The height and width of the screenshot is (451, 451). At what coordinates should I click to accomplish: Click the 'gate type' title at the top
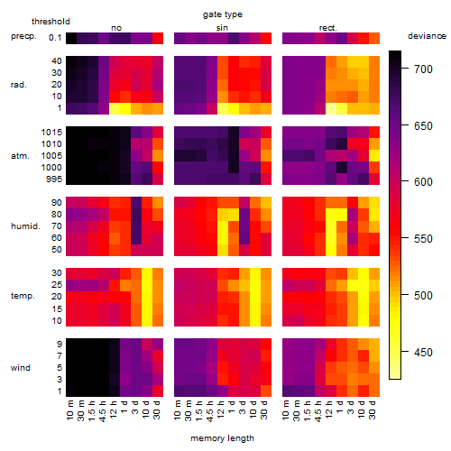[x=223, y=14]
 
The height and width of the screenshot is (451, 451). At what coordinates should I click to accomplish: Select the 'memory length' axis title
[x=222, y=438]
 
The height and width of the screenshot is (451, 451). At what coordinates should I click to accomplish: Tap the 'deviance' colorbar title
[x=427, y=36]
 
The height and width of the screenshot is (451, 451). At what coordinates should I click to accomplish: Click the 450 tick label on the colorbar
[x=423, y=352]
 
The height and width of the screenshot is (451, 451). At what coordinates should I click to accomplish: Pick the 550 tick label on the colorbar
[x=423, y=239]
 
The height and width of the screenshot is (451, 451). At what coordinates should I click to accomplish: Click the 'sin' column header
[x=222, y=28]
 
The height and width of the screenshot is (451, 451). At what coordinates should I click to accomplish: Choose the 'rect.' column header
[x=327, y=28]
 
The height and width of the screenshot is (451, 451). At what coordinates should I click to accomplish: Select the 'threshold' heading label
[x=51, y=22]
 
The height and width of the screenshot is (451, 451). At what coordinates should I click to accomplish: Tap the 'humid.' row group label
[x=25, y=226]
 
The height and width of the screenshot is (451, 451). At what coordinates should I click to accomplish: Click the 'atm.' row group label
[x=20, y=156]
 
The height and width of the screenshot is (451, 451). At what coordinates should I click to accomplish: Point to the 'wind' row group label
[x=21, y=368]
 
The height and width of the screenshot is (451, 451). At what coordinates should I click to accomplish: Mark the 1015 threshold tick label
[x=51, y=133]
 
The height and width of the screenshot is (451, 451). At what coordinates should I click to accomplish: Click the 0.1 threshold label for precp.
[x=55, y=38]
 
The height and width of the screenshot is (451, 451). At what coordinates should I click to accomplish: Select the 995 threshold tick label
[x=54, y=179]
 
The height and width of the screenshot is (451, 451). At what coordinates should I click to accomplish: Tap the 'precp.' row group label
[x=23, y=36]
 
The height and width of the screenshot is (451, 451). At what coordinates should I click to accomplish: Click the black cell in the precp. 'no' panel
[x=71, y=38]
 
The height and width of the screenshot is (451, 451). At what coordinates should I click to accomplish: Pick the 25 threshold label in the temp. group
[x=57, y=285]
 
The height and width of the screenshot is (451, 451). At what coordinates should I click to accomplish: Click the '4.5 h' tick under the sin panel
[x=210, y=410]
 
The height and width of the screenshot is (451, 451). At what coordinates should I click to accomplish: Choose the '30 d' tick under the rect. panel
[x=373, y=410]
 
